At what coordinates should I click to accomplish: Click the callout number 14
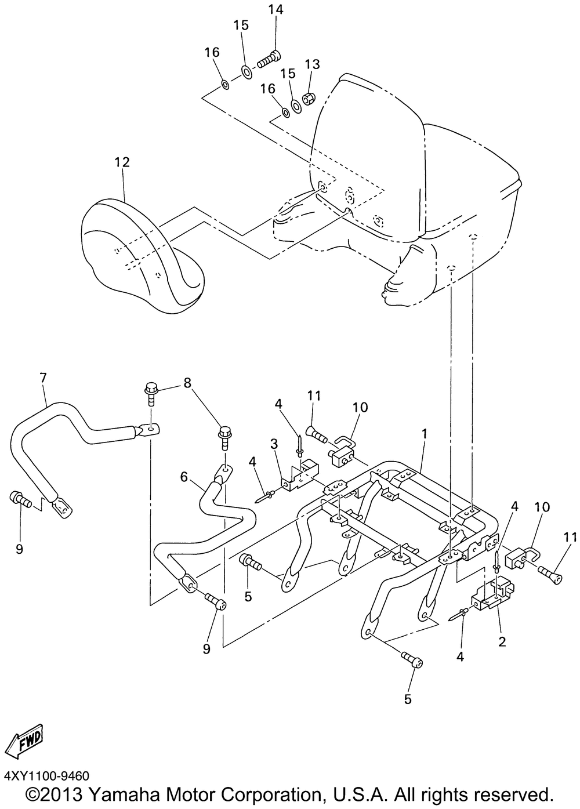tap(275, 10)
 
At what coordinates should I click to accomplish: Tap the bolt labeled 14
tap(268, 59)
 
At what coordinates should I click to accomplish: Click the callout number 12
tap(122, 162)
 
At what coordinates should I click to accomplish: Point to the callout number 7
tap(43, 378)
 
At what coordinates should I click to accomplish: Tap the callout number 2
tap(502, 641)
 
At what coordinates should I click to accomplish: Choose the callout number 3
tap(274, 444)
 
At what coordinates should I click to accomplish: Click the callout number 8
tap(187, 383)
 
